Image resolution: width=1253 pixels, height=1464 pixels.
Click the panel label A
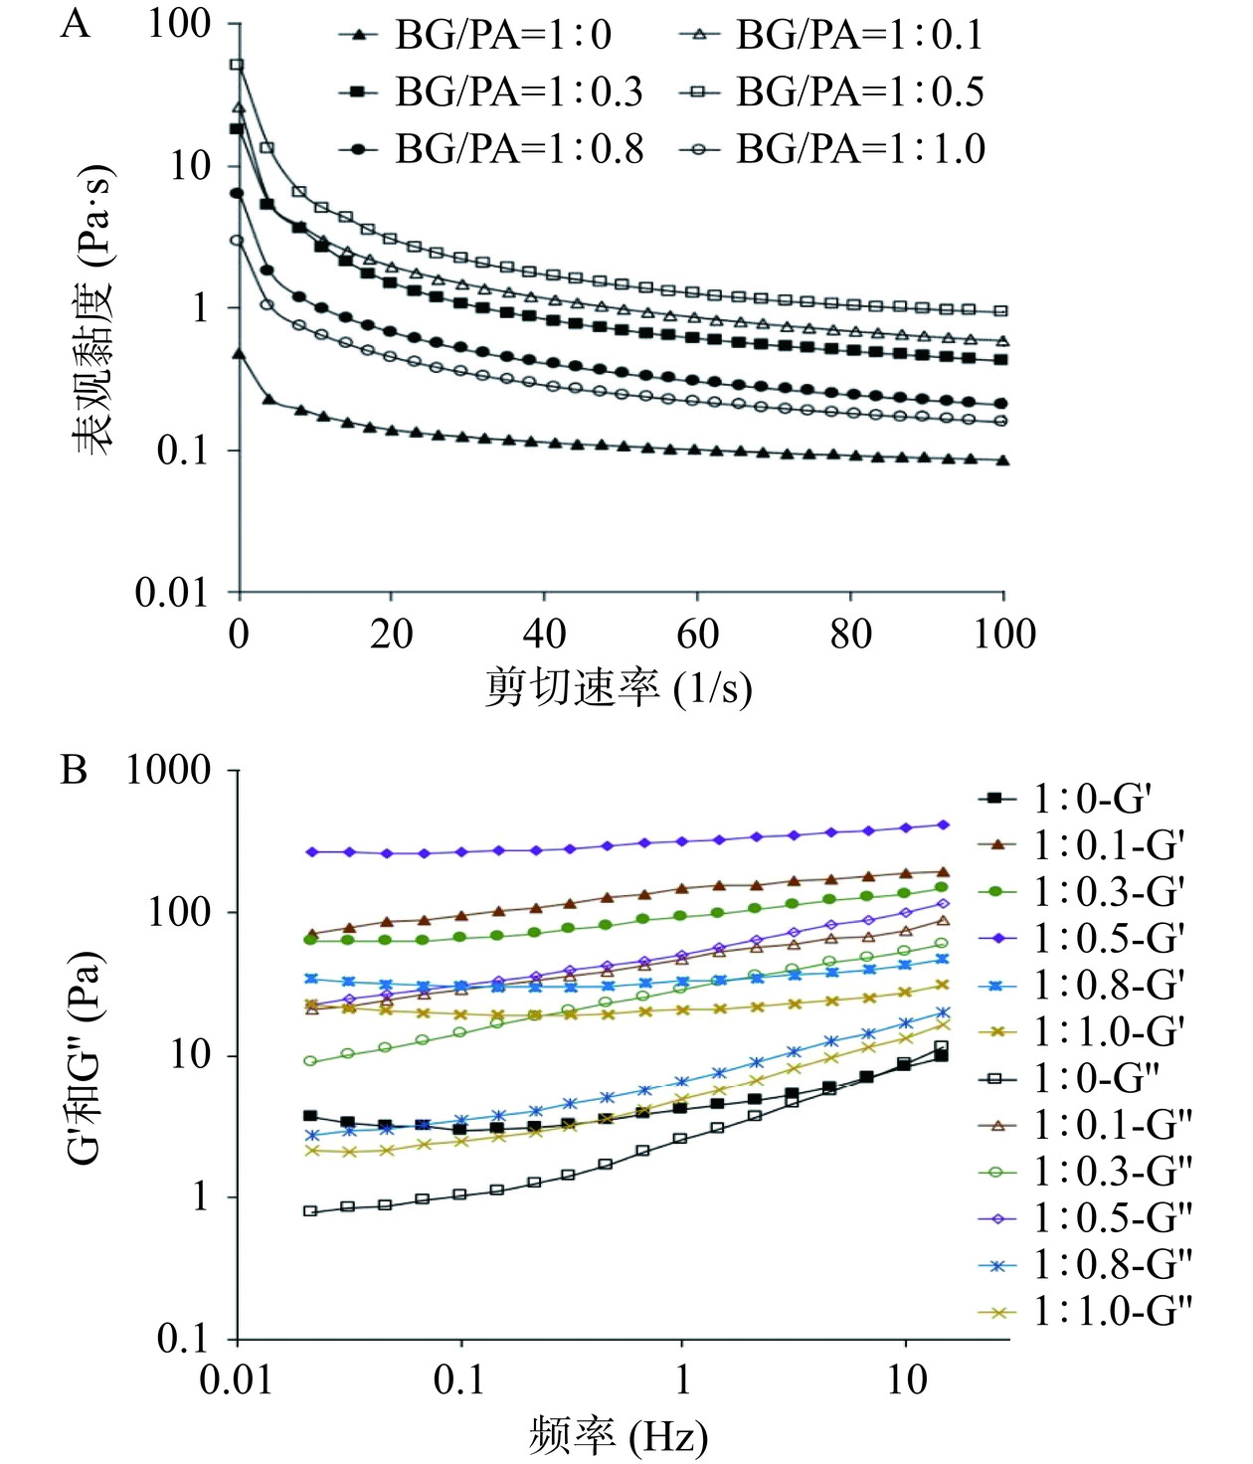coord(75,24)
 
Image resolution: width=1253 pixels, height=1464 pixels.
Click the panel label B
coord(75,771)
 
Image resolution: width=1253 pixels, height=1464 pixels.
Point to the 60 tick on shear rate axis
coord(697,634)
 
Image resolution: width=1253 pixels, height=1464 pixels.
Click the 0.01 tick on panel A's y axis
coord(172,593)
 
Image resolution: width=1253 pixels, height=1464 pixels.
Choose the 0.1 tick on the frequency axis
coord(461,1379)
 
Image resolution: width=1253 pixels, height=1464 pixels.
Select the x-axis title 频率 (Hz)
coord(619,1436)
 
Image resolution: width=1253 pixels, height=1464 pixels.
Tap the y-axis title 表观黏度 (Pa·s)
coord(94,308)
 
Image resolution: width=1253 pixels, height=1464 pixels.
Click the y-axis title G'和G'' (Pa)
coord(86,1058)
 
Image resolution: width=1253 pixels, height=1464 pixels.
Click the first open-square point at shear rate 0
coord(238,65)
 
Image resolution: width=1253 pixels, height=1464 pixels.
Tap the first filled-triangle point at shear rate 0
coord(239,353)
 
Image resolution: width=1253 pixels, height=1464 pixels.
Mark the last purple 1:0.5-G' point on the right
coord(943,824)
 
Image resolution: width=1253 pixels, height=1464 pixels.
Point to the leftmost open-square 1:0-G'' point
coord(310,1211)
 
